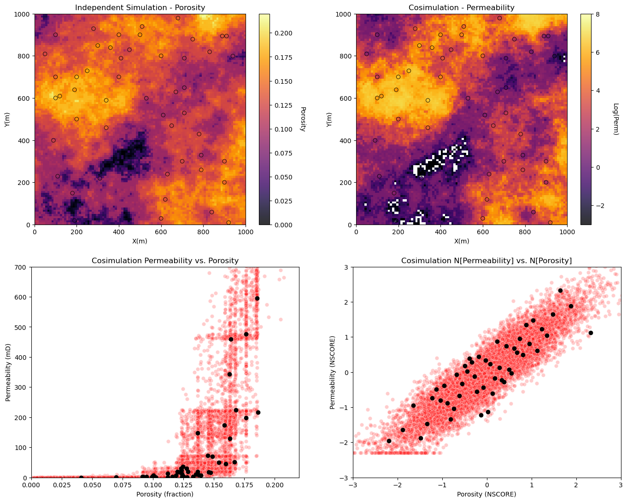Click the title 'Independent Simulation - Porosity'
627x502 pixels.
tap(140, 7)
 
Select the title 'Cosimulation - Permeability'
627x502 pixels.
tap(461, 7)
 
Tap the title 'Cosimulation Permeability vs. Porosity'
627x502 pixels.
tap(165, 260)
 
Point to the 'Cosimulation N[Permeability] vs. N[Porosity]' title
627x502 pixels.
tap(486, 260)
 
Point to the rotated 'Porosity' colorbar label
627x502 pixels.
tap(303, 119)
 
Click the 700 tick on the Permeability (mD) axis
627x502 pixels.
tap(21, 267)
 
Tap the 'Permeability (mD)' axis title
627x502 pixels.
tap(8, 372)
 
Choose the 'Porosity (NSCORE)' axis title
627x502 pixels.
tap(486, 494)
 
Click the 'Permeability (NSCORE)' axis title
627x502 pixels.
tap(332, 372)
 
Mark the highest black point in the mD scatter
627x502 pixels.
tap(257, 299)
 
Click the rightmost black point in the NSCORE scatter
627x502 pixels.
tap(591, 333)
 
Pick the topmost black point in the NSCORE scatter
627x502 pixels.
tap(560, 290)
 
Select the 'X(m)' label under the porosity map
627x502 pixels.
tap(140, 241)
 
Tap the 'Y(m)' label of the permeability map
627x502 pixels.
tap(329, 120)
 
